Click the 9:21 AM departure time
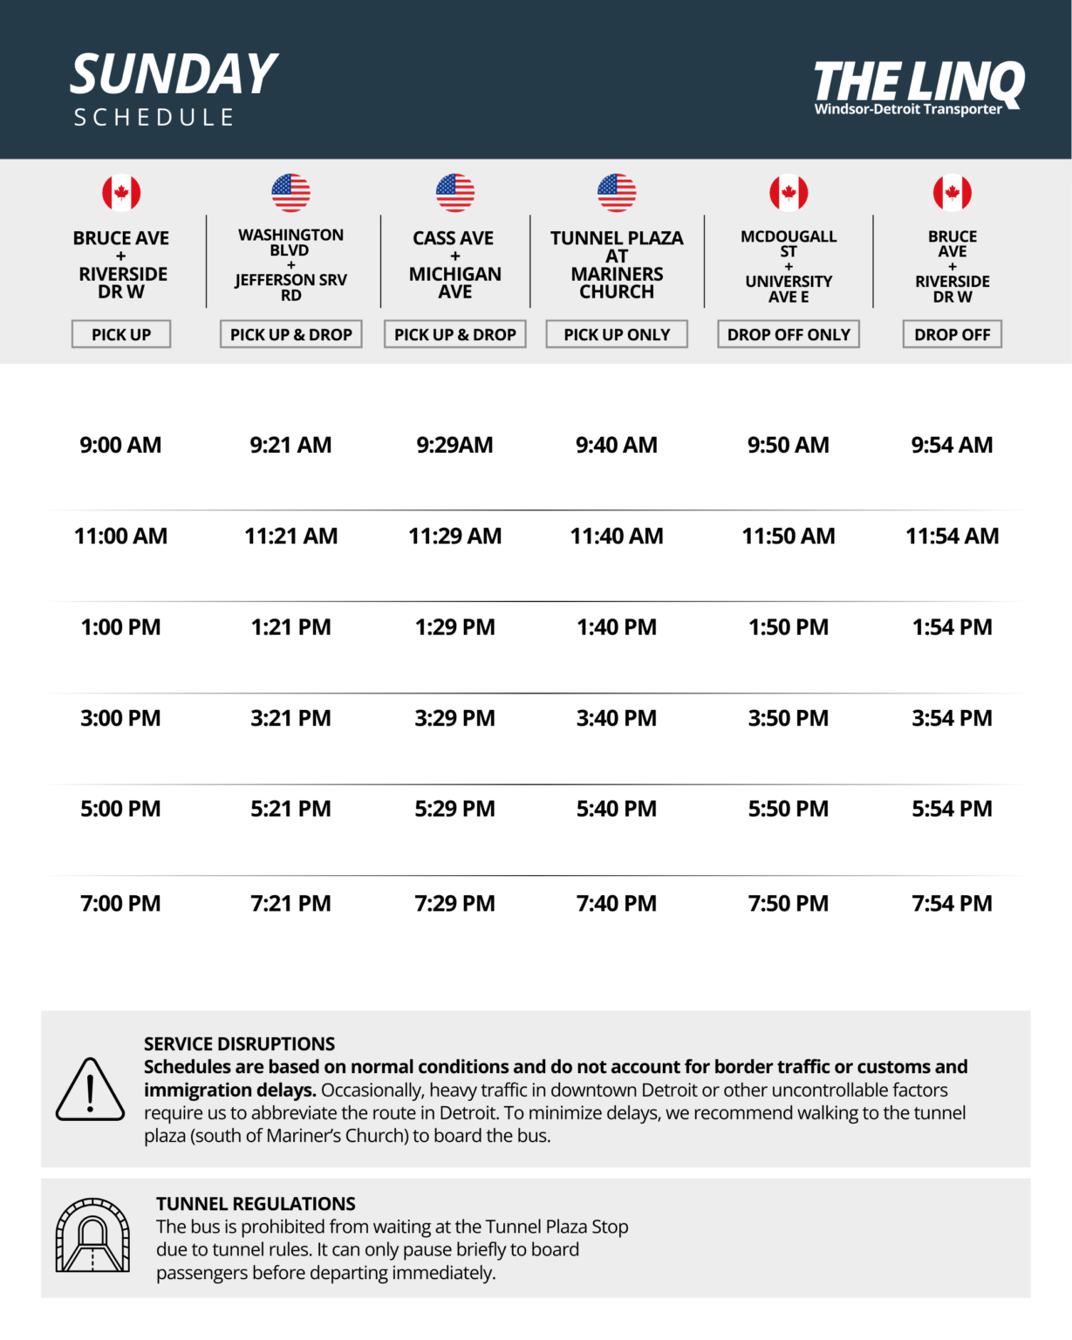(290, 445)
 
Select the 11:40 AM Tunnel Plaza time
(617, 536)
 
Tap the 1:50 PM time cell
(789, 627)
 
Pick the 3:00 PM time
(120, 718)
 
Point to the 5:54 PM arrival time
(952, 809)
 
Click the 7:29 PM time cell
(454, 903)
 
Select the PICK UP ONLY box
(617, 334)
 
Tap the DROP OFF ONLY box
(789, 334)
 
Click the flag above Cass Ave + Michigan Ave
(454, 193)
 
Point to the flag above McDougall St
(789, 193)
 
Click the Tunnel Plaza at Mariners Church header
(617, 264)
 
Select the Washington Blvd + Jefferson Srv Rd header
(290, 264)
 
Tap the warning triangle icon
(90, 1090)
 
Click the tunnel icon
(92, 1235)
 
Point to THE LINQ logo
(918, 85)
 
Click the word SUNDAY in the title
(174, 74)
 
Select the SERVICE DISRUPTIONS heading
(239, 1043)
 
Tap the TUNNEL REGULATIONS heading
(256, 1204)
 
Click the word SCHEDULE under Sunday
(154, 118)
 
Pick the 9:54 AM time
(952, 445)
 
